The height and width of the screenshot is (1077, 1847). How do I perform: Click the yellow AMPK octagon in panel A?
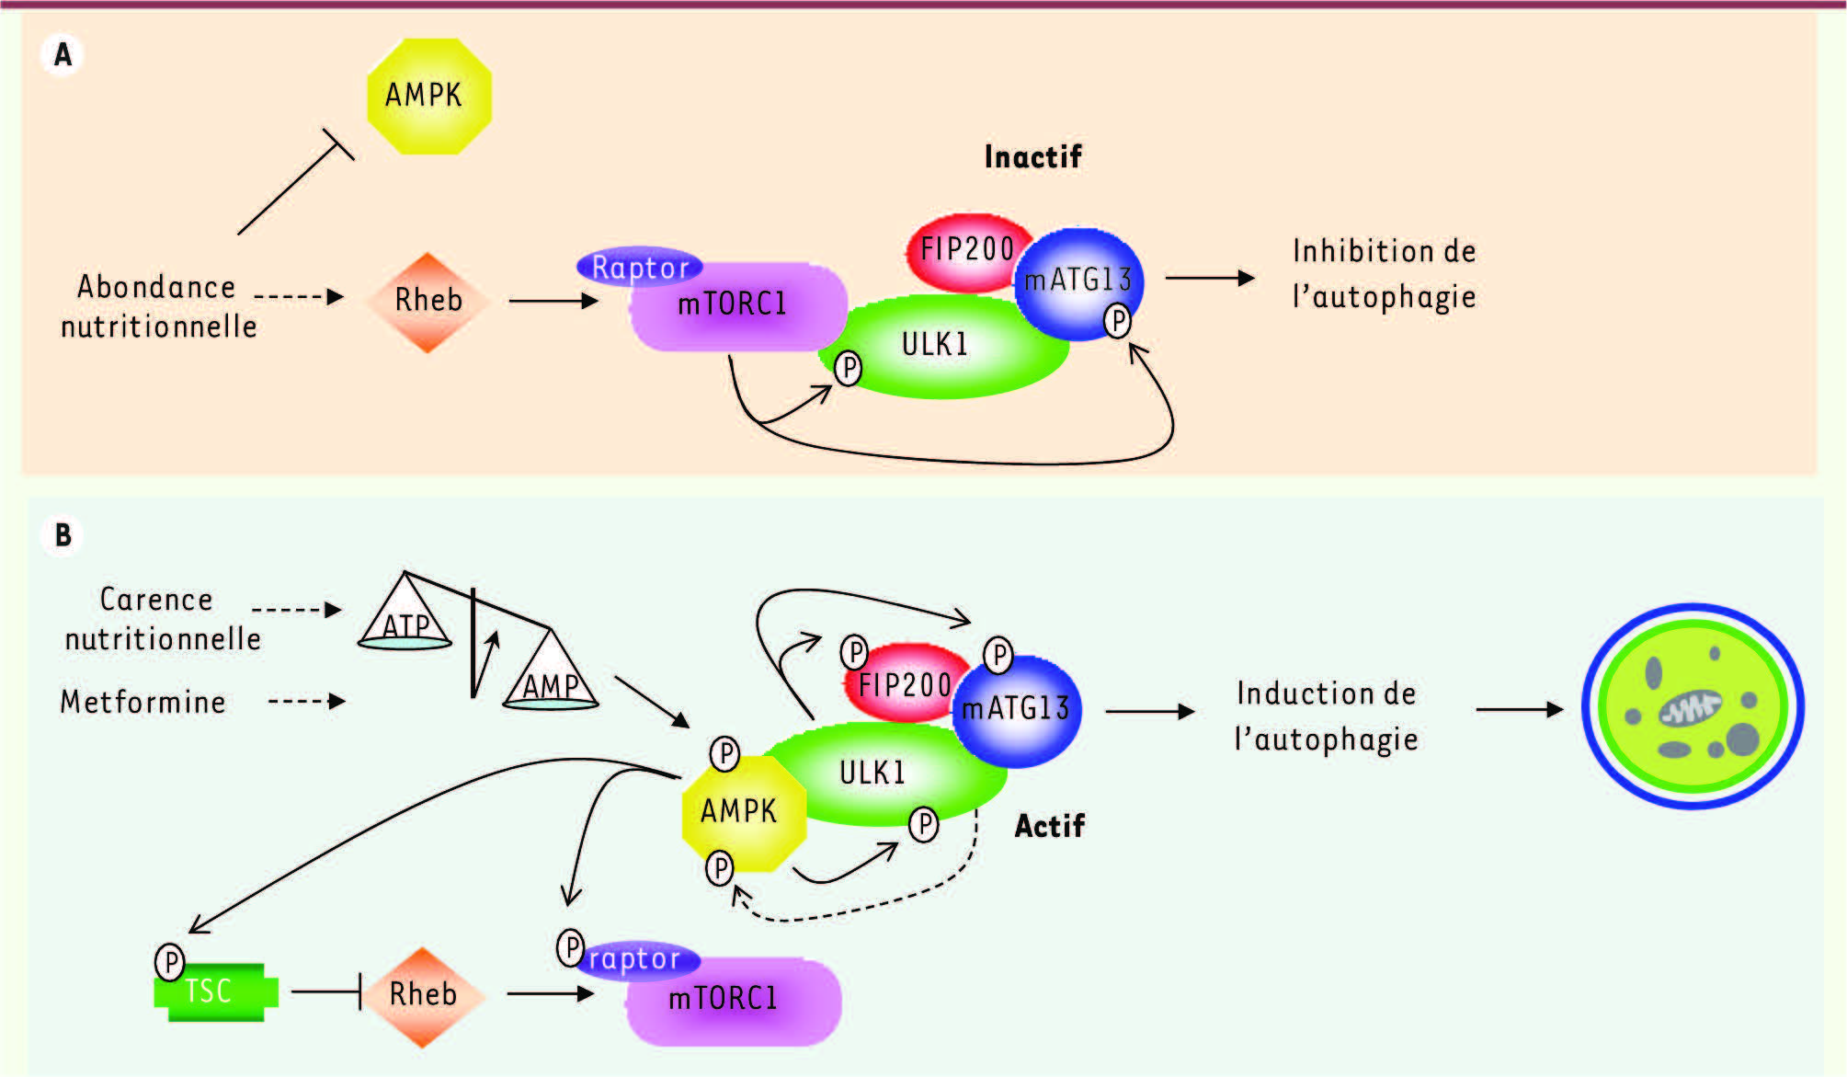point(428,96)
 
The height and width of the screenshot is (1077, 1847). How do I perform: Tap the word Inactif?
point(1032,157)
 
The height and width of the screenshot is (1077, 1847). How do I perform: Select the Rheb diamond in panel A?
point(428,302)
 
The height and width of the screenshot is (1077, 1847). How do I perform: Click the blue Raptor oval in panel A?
point(640,267)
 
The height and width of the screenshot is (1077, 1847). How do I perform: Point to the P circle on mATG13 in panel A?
point(1117,321)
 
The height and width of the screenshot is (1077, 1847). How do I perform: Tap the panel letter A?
point(63,54)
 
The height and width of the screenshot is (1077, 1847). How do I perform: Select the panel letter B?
point(63,535)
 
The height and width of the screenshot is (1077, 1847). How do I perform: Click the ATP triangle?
point(405,616)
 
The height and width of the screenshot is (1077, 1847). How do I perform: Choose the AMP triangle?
point(551,676)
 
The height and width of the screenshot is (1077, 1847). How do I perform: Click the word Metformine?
point(143,703)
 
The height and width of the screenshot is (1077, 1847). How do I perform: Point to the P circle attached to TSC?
point(170,962)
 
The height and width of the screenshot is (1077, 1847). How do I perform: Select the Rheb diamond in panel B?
point(423,996)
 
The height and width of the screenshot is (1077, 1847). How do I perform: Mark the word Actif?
point(1049,826)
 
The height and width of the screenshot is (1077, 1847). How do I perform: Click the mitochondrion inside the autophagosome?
point(1690,709)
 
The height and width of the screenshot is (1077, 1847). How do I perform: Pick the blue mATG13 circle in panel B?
point(1017,710)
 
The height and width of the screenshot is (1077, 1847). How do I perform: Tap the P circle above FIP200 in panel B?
point(854,653)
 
